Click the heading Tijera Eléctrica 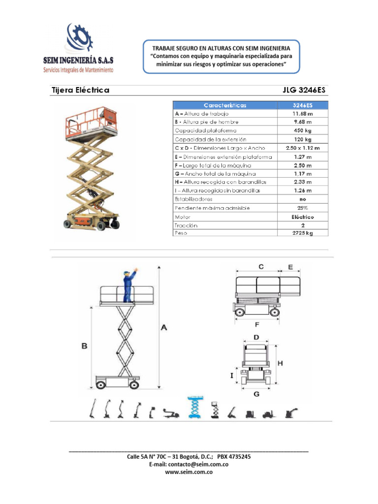click(x=80, y=90)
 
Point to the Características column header click(x=225, y=105)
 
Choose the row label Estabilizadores click(x=193, y=199)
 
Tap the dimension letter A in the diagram click(x=164, y=327)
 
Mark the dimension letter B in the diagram click(x=85, y=346)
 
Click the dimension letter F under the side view click(x=257, y=325)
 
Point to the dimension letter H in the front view click(x=280, y=362)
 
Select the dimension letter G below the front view click(x=256, y=394)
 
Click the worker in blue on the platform click(x=129, y=285)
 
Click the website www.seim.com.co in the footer click(x=189, y=472)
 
